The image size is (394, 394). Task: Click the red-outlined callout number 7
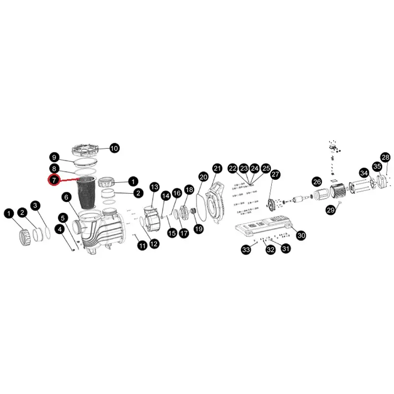54,180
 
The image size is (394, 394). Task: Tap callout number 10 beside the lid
114,148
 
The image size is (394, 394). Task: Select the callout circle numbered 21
217,168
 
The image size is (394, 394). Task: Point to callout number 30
301,235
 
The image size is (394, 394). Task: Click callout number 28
385,157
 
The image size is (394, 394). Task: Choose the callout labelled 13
154,187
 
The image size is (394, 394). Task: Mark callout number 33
246,250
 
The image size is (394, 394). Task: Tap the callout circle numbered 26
317,181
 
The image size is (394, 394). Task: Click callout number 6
66,197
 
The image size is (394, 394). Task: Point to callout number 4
60,229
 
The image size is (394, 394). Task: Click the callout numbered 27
275,174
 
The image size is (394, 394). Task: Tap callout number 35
377,166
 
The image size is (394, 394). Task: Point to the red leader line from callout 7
69,180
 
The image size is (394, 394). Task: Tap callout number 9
55,158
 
